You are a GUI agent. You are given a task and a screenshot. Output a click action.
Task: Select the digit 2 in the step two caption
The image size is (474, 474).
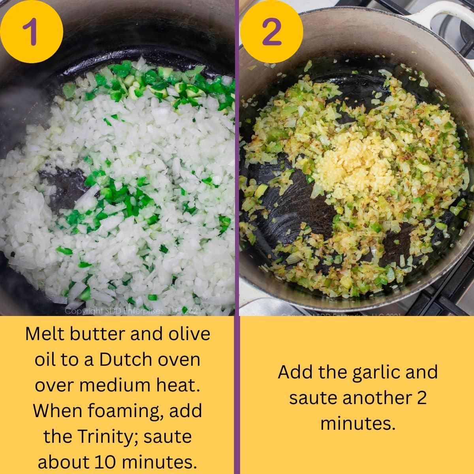[421, 398]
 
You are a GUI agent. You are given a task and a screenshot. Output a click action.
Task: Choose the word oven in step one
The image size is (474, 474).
[180, 360]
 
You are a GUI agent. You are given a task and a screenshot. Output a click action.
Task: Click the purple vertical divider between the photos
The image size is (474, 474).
[237, 237]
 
